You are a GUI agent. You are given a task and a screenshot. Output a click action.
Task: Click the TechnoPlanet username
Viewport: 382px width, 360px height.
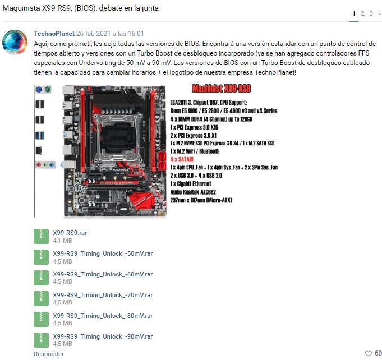tap(54, 34)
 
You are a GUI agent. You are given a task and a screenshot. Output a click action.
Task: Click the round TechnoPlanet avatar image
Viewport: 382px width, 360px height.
tap(15, 42)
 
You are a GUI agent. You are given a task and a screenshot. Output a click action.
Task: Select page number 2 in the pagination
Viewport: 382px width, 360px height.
tap(362, 13)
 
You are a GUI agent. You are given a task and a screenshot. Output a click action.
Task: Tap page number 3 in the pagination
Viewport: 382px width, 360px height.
tap(371, 13)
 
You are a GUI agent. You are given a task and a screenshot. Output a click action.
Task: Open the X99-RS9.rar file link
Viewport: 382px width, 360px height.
tap(70, 233)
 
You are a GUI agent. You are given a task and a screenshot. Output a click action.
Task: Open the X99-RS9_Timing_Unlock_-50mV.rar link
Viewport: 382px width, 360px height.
tap(103, 253)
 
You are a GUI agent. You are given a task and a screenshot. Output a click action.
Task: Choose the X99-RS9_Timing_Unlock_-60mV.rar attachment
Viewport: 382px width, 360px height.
tap(103, 274)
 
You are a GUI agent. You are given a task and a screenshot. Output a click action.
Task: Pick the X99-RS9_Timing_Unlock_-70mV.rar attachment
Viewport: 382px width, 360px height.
tap(103, 295)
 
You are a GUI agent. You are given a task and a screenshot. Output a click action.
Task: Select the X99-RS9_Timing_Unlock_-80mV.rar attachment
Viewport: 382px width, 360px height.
tap(103, 316)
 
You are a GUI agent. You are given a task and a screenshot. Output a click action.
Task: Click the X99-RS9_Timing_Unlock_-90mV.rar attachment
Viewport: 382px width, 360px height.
tap(103, 336)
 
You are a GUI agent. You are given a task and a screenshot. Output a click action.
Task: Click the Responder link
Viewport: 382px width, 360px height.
tap(49, 354)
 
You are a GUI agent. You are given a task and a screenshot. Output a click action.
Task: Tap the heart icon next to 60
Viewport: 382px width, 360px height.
tap(369, 353)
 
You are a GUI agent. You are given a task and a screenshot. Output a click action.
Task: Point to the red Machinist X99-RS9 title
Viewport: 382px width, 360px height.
tap(221, 89)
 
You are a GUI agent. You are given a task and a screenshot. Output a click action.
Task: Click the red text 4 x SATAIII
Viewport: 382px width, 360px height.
tap(182, 160)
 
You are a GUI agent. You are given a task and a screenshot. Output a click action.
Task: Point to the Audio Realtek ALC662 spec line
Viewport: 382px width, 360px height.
tap(193, 192)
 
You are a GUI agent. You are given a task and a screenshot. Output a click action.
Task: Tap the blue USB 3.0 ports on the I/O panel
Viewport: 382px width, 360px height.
tap(40, 136)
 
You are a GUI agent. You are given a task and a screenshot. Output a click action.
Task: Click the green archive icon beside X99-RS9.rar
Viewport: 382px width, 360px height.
tap(41, 236)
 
